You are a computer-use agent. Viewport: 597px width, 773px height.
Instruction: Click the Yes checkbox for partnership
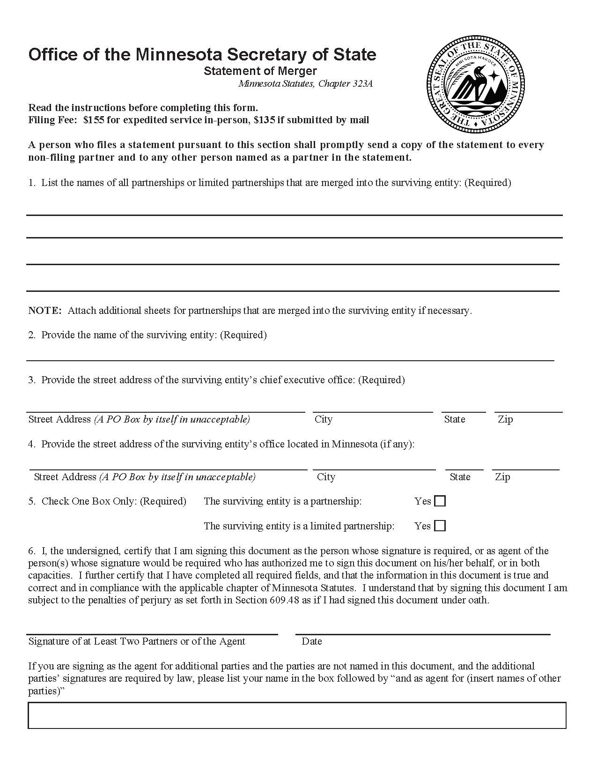tap(440, 501)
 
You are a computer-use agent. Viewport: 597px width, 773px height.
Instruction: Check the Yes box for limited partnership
tap(440, 526)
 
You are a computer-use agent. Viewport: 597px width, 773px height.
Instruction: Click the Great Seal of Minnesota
tap(475, 84)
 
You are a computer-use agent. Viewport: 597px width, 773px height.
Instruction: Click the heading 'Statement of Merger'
tap(260, 71)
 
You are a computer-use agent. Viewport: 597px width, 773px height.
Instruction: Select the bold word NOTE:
tap(45, 311)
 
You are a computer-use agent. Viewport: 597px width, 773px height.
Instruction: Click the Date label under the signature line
tap(312, 641)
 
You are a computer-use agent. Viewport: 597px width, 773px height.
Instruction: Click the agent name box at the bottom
tap(297, 715)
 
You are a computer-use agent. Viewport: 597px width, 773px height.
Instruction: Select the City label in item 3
tap(324, 419)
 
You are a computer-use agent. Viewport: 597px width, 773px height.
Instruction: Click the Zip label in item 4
tap(502, 477)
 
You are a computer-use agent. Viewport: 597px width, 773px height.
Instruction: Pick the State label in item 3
tap(455, 419)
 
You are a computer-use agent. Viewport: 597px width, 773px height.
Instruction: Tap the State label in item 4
tap(460, 477)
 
